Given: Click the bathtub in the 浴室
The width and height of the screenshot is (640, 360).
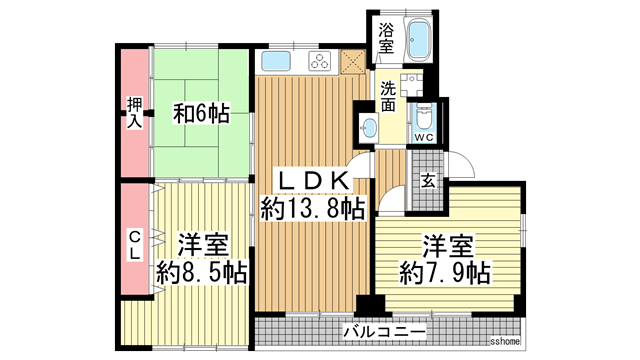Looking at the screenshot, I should (x=417, y=41).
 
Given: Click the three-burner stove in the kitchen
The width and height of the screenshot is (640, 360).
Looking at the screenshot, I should (x=321, y=61).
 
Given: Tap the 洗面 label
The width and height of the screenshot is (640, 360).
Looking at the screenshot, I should (x=387, y=97).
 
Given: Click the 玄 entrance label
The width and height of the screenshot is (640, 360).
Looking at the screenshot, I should (x=427, y=182).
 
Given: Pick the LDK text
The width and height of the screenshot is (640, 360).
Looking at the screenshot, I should (x=312, y=180).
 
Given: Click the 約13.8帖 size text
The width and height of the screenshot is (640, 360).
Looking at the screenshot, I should (x=312, y=208).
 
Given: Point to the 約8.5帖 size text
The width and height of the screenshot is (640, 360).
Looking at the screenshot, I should (x=201, y=271).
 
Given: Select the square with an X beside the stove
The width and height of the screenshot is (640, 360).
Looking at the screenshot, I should (x=351, y=60).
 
